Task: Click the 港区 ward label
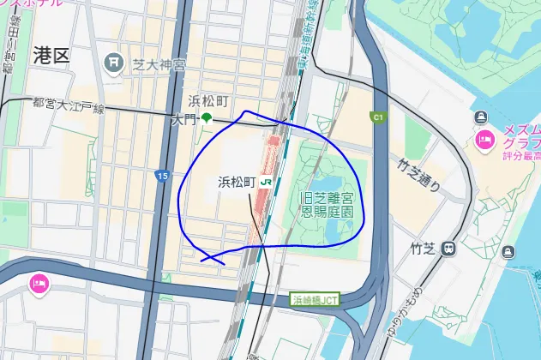tap(51, 57)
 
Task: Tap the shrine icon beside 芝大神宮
tap(112, 63)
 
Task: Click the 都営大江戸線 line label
tap(68, 105)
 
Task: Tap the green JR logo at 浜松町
tap(267, 182)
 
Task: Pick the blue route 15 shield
tap(162, 176)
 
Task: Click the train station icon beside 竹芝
tap(448, 249)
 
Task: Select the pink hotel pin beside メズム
tap(484, 139)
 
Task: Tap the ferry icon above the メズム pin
tap(480, 117)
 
